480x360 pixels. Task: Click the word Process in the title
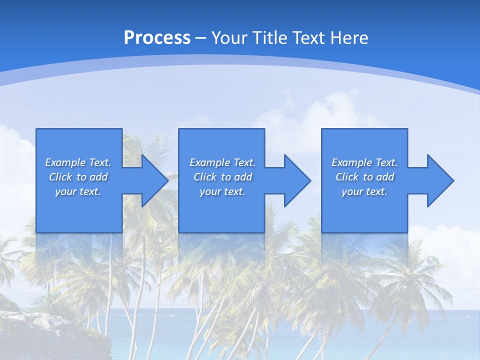(157, 38)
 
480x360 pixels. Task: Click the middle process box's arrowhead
(297, 180)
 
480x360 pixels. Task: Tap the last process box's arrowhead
(440, 180)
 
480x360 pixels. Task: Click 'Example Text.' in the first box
(78, 162)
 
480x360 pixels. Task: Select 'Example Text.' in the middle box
(222, 162)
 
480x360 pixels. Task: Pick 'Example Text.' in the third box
(364, 162)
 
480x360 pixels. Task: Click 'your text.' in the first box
(78, 191)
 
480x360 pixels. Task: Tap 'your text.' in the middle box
(222, 191)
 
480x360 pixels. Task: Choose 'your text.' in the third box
(364, 191)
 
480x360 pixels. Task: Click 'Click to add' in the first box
(78, 177)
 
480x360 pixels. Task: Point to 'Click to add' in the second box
(222, 177)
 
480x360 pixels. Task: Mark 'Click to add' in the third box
(364, 177)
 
